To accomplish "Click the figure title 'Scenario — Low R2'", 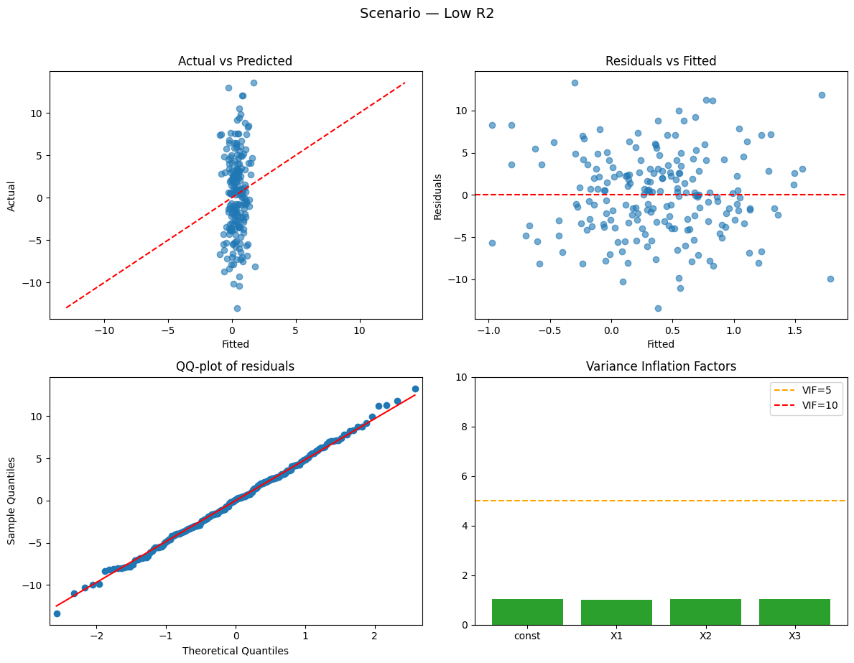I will tap(427, 14).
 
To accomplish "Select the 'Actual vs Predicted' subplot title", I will tap(235, 61).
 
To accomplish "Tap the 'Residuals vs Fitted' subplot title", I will tap(661, 61).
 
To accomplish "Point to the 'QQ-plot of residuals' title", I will tap(235, 366).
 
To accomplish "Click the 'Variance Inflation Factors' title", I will tap(661, 366).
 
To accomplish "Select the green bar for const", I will tap(527, 612).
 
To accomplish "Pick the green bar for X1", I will tap(616, 612).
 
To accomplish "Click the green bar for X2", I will tap(705, 612).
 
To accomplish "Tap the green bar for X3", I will tap(794, 612).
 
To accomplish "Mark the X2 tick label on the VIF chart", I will tap(705, 636).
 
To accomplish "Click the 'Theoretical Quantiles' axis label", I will tap(235, 651).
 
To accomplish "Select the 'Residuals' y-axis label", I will tap(437, 195).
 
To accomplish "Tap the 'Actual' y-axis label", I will tap(12, 195).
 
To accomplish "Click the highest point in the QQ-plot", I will tap(415, 389).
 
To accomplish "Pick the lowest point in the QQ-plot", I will tap(57, 613).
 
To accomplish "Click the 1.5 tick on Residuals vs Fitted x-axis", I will tap(794, 333).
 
